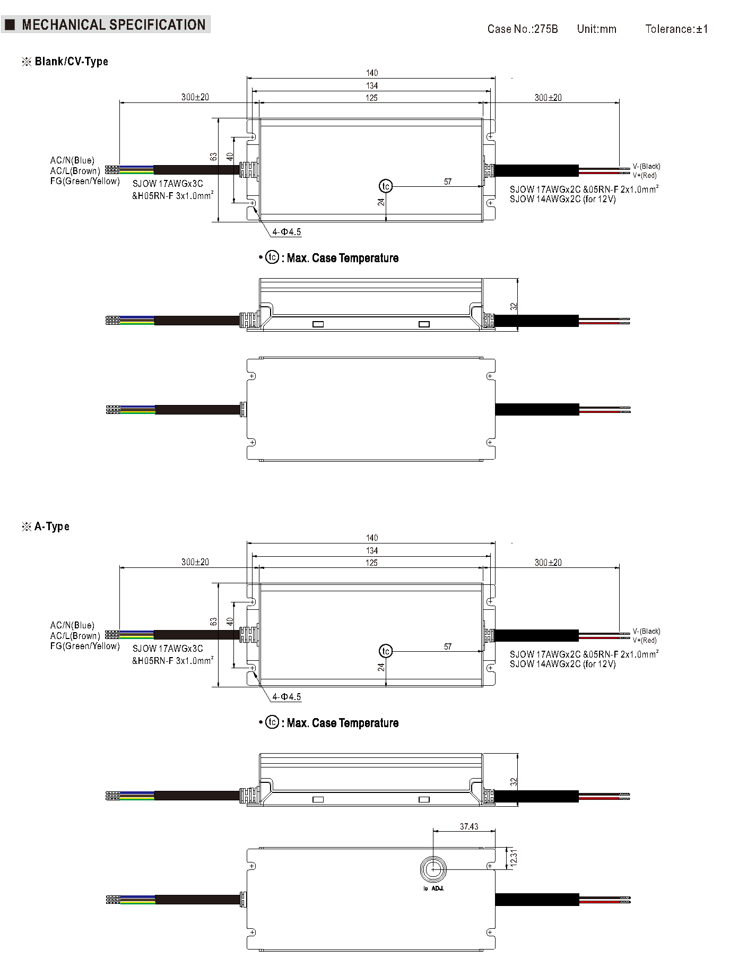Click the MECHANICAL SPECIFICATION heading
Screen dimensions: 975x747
[113, 25]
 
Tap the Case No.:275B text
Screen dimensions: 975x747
[522, 29]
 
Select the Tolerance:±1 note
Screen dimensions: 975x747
[676, 29]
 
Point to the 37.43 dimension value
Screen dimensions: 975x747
[469, 826]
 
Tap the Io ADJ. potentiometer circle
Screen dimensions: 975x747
[433, 869]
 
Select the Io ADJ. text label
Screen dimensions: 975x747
[433, 888]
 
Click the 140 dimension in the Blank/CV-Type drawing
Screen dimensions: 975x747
[372, 73]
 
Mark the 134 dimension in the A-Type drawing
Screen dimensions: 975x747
[372, 550]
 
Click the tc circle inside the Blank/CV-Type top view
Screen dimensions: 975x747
[386, 186]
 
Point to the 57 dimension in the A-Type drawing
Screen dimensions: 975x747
[448, 646]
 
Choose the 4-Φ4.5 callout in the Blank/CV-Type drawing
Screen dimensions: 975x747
[286, 232]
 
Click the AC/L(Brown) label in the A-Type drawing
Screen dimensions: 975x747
[75, 636]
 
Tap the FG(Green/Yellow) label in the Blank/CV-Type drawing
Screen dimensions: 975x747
[85, 182]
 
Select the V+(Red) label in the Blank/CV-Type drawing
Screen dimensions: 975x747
[645, 175]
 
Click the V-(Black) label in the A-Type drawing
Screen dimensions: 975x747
[646, 631]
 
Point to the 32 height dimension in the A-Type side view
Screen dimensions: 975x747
[513, 782]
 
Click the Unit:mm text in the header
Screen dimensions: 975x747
[596, 29]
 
